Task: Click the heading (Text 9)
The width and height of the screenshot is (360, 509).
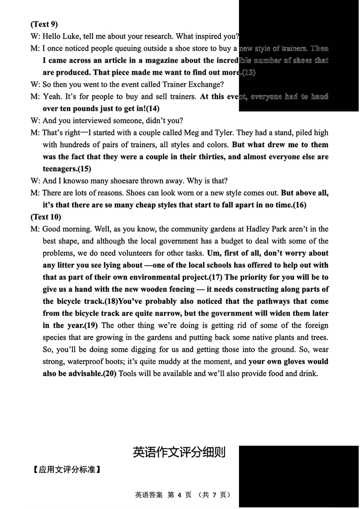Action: point(44,24)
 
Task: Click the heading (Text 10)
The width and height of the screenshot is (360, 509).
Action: point(46,217)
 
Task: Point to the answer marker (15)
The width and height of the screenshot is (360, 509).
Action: point(84,169)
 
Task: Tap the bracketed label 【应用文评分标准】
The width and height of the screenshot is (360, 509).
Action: point(67,470)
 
